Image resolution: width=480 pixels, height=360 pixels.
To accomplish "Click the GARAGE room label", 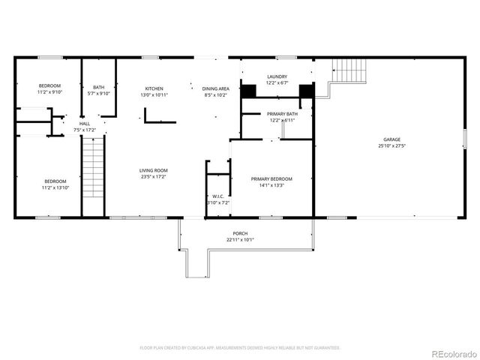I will [391, 139].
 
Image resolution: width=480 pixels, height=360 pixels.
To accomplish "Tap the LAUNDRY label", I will [277, 76].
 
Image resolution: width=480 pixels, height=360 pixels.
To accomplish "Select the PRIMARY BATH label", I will [281, 113].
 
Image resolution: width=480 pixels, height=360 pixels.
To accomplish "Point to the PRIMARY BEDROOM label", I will [271, 178].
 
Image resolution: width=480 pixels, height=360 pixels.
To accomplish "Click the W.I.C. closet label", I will [217, 196].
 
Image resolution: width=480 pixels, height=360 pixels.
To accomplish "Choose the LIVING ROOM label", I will [152, 171].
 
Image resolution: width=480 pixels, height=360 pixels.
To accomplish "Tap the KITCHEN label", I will [154, 88].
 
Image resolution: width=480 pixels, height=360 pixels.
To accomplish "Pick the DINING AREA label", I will [216, 88].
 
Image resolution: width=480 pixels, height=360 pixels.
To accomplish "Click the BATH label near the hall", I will [99, 87].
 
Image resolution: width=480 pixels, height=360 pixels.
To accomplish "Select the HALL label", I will [85, 124].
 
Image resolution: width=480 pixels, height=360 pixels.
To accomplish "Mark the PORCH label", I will [240, 233].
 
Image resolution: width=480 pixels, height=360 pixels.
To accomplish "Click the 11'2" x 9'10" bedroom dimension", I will [50, 93].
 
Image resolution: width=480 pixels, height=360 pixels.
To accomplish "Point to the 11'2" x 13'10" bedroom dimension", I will [55, 187].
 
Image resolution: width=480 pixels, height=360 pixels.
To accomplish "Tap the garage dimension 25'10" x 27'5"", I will [391, 146].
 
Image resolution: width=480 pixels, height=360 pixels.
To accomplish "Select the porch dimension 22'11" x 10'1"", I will [240, 240].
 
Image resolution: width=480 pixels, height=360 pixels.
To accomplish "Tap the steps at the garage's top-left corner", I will [347, 71].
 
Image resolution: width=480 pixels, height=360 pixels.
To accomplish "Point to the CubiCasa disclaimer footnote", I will [240, 348].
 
